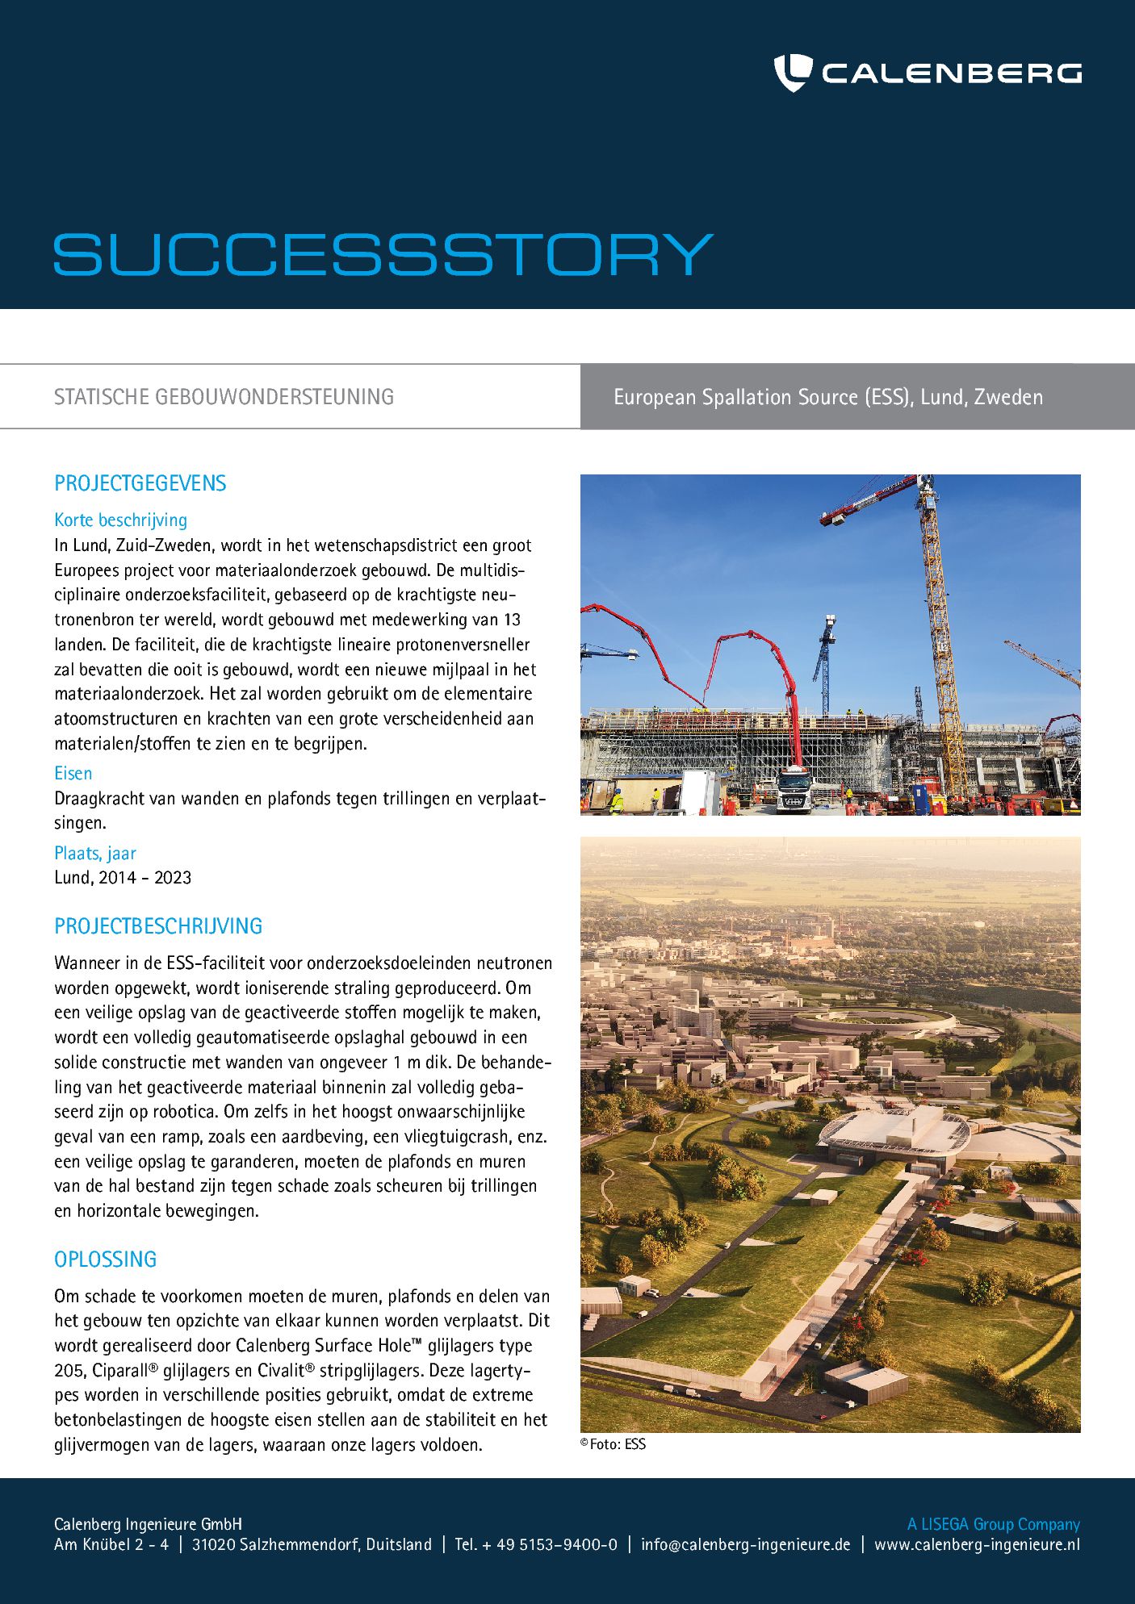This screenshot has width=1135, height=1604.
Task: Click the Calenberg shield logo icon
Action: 792,73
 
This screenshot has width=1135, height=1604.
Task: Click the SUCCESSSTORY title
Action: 383,255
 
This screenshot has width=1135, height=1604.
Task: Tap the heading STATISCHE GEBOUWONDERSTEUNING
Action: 224,397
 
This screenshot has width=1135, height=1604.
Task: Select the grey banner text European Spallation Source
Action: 828,397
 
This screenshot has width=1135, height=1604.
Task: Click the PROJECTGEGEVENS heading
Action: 140,483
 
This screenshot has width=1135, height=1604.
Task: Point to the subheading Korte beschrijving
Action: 120,520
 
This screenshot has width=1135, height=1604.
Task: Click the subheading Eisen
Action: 73,774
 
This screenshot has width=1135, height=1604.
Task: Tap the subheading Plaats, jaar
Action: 94,854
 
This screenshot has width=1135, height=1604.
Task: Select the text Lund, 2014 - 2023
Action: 123,878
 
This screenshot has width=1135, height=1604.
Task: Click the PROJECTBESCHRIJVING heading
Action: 158,926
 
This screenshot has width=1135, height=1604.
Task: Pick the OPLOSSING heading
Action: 105,1259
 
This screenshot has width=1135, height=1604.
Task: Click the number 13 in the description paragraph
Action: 511,620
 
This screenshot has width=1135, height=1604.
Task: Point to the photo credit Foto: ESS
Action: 614,1444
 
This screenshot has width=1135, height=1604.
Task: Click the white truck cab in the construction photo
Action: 794,792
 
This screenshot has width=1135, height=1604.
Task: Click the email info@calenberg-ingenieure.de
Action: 745,1544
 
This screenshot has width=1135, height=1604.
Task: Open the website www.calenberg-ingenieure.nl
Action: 977,1544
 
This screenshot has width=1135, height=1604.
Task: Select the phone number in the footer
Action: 536,1544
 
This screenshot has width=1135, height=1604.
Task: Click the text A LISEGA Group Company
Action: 993,1524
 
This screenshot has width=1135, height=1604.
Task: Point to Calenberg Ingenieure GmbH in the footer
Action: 148,1524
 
